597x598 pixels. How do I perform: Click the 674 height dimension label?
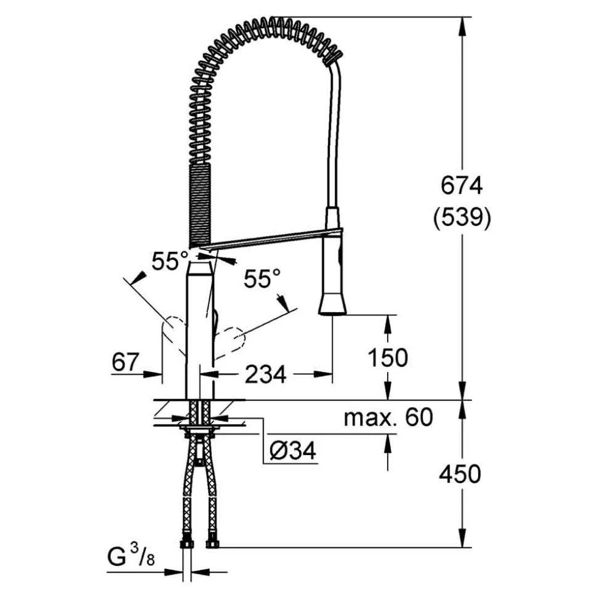(x=461, y=186)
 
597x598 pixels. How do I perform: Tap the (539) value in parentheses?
(x=462, y=218)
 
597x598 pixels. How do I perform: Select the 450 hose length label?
(x=460, y=474)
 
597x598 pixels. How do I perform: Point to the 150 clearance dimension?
(x=388, y=358)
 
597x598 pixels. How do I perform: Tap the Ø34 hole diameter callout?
(x=293, y=451)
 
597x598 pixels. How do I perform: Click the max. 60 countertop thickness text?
(x=388, y=417)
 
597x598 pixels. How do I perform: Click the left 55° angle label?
(x=170, y=261)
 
